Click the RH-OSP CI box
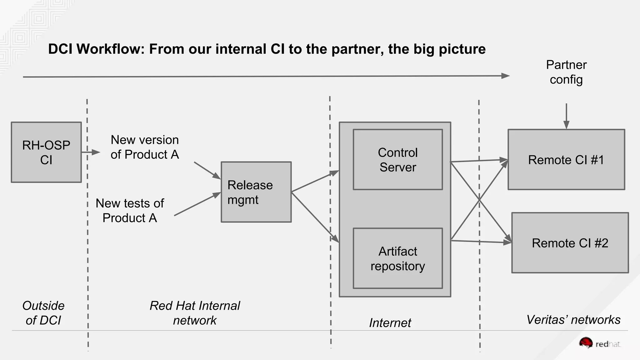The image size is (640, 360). (x=46, y=152)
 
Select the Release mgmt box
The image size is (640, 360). (x=256, y=192)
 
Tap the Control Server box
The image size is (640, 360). (x=397, y=160)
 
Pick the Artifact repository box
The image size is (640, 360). (x=397, y=258)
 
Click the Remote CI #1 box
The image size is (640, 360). (x=566, y=160)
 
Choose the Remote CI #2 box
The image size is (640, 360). (x=570, y=243)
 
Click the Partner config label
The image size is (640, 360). (x=566, y=72)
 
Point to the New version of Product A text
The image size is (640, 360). (x=145, y=147)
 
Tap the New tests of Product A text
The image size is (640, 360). (x=130, y=210)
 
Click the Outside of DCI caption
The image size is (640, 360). (x=43, y=313)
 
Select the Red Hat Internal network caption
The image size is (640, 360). (x=195, y=313)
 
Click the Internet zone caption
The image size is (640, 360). (x=390, y=322)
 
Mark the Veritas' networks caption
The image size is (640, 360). (x=573, y=320)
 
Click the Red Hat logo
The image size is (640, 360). (x=599, y=343)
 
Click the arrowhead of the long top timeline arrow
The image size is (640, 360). (x=505, y=76)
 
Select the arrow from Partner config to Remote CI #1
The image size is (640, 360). (x=566, y=116)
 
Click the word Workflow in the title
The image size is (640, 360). (x=111, y=49)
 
